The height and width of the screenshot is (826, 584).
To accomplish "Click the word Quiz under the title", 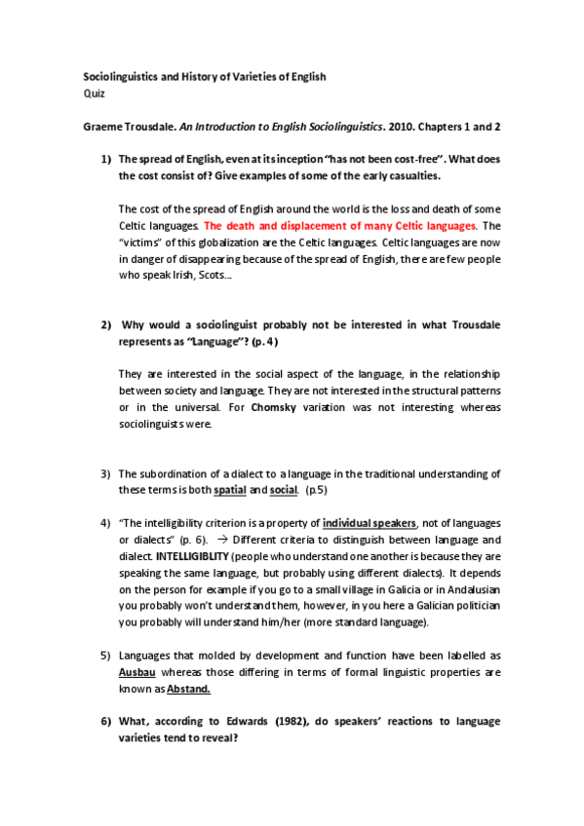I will click(89, 94).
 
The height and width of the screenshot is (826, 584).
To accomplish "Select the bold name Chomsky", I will click(273, 409).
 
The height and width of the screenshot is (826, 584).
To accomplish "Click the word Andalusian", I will click(472, 589).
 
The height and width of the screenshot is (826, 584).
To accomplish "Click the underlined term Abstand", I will click(188, 690).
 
